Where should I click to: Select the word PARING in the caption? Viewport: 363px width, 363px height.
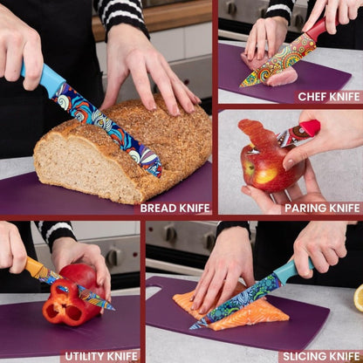pyautogui.click(x=302, y=209)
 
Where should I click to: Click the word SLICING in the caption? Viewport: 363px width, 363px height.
pyautogui.click(x=301, y=356)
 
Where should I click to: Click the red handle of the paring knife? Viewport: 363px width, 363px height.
pyautogui.click(x=310, y=128)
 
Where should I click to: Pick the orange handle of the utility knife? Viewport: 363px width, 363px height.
pyautogui.click(x=35, y=268)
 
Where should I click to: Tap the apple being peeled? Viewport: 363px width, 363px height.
pyautogui.click(x=269, y=168)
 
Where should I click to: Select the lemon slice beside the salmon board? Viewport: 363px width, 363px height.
pyautogui.click(x=359, y=298)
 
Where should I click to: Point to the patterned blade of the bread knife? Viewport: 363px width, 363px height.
pyautogui.click(x=107, y=129)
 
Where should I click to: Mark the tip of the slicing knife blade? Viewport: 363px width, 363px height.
pyautogui.click(x=190, y=329)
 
